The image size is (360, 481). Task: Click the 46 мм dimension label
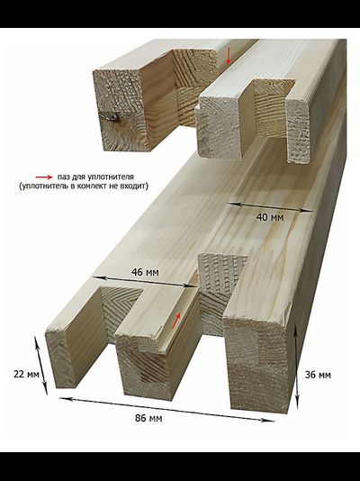click(x=145, y=272)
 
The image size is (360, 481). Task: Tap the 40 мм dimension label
click(x=270, y=217)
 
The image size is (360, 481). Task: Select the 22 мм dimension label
click(x=26, y=374)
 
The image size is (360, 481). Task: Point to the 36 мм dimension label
click(x=318, y=375)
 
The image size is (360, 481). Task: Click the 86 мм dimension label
click(x=148, y=418)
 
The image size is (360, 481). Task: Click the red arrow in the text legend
click(x=44, y=177)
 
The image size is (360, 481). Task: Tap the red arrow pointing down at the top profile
click(x=228, y=59)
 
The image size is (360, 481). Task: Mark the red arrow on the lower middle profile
click(x=176, y=321)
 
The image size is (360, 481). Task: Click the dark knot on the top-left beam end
click(x=112, y=116)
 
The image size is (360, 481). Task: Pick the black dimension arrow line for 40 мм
click(x=271, y=207)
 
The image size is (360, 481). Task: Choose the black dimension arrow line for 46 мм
click(x=144, y=282)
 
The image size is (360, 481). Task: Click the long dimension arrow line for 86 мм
click(x=166, y=410)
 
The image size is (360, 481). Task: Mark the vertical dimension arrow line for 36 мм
click(x=296, y=367)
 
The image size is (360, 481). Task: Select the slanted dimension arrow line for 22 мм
click(x=41, y=366)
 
